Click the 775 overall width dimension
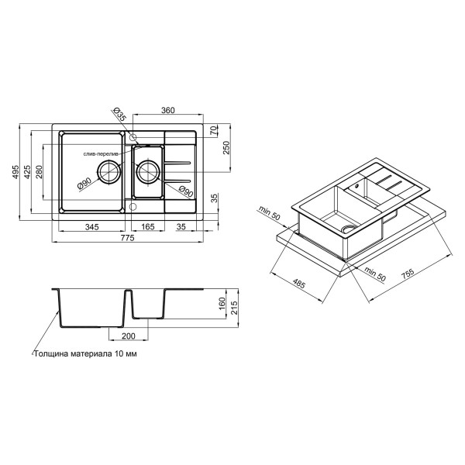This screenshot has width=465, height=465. [128, 238]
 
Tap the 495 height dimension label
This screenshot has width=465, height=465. [15, 172]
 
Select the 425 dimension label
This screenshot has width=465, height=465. [27, 172]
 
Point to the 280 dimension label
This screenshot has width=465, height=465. [39, 172]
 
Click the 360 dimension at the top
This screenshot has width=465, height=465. [168, 110]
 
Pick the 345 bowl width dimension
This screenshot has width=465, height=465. [92, 227]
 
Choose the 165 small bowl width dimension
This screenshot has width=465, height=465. [148, 227]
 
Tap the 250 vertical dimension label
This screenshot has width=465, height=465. [226, 147]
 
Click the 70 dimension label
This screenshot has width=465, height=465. [214, 131]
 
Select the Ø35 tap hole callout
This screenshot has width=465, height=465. [120, 113]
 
